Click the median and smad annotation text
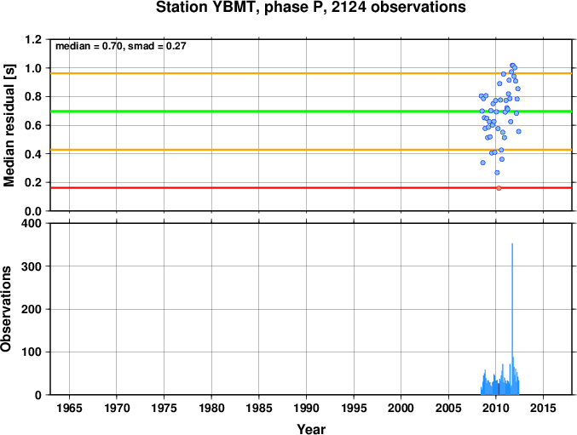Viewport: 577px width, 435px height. point(121,46)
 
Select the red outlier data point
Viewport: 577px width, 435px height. point(499,188)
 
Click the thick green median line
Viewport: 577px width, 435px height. point(311,112)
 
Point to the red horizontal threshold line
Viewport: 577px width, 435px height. point(311,188)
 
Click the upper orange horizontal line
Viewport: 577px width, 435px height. point(311,73)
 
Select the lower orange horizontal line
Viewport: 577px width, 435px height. point(311,150)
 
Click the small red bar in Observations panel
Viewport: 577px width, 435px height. point(499,389)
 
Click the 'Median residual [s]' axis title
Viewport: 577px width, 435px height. point(9,125)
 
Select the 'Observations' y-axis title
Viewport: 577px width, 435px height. point(6,309)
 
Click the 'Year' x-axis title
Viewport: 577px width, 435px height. point(311,429)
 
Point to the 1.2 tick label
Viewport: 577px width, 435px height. point(33,39)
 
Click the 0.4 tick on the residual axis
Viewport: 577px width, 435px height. point(33,154)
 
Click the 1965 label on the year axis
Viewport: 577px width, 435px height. point(69,408)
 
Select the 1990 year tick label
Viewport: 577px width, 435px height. point(307,408)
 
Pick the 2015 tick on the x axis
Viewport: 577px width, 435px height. point(543,408)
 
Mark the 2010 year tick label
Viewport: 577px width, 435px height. point(496,408)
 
